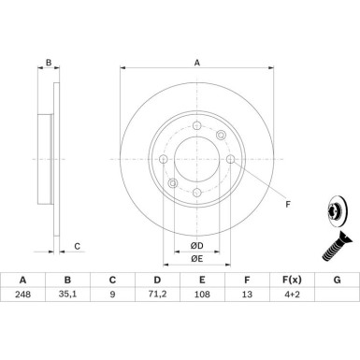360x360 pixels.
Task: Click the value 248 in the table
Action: tap(22, 295)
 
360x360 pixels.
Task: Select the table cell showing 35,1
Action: tap(67, 295)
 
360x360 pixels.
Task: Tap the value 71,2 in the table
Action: tap(157, 295)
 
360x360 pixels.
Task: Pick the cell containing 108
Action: tap(202, 295)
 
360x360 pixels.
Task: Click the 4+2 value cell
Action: tap(292, 295)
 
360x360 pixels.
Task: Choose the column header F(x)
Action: tap(292, 280)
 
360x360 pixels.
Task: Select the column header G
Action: tap(337, 280)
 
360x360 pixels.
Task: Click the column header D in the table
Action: tap(157, 280)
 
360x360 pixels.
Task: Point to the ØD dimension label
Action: tap(197, 246)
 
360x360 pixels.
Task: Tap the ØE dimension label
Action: tap(197, 259)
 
